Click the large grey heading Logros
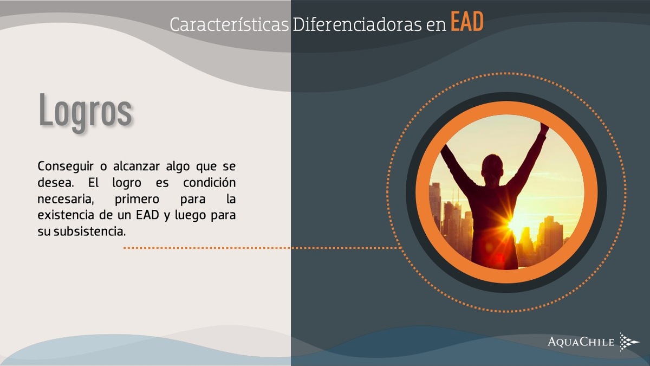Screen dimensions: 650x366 click(x=86, y=112)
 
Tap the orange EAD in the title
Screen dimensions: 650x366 click(x=467, y=22)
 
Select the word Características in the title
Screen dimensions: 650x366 click(x=229, y=24)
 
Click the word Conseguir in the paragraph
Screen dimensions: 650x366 click(x=66, y=167)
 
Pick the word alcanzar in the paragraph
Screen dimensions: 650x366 click(x=136, y=166)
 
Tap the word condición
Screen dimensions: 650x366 click(x=209, y=183)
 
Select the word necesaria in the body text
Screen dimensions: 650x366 click(x=66, y=200)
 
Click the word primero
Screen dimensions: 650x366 click(x=137, y=200)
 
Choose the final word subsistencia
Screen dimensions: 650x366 click(x=90, y=232)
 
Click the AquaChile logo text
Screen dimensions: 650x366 click(x=581, y=342)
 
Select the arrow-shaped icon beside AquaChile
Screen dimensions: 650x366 click(x=629, y=342)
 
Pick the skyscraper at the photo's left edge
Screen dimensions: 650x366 click(x=435, y=203)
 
